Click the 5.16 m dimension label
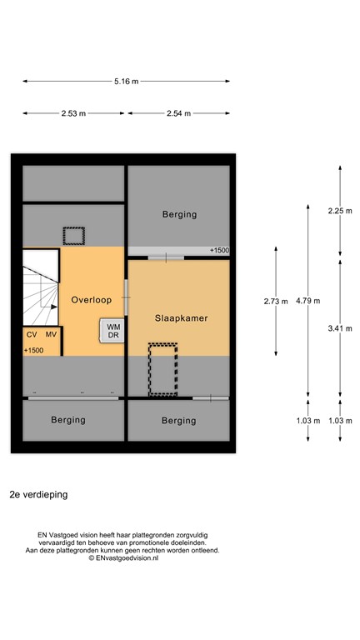click(126, 81)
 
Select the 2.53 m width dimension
click(73, 113)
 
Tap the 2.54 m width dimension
click(179, 113)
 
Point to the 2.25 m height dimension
click(340, 211)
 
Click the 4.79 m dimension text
click(308, 301)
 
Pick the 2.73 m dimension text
click(276, 302)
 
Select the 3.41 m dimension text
click(340, 328)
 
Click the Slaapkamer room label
click(181, 318)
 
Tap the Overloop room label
click(92, 300)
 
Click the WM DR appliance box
click(112, 331)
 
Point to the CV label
click(32, 335)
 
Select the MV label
click(51, 335)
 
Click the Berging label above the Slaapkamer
click(180, 214)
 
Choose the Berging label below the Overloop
click(68, 420)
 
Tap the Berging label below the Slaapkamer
click(179, 421)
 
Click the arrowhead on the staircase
click(55, 306)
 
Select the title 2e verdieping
click(39, 495)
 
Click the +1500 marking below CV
click(33, 350)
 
